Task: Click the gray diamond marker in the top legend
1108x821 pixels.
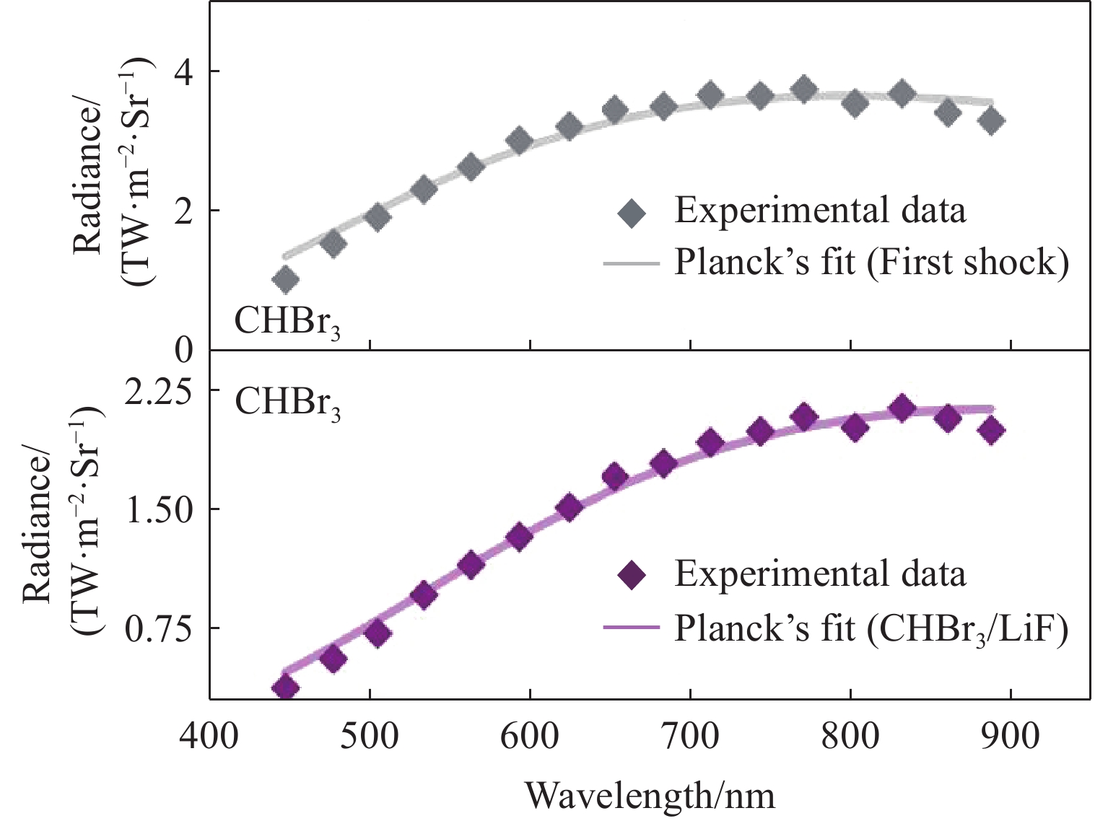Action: pos(632,214)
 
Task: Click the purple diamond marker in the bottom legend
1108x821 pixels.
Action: pos(632,576)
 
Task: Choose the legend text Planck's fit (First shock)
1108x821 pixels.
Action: pos(871,263)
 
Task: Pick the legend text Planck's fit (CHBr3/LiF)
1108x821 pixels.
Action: pos(871,629)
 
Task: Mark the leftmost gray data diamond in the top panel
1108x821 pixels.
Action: pos(286,279)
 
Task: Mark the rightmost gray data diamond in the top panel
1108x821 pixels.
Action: pos(993,120)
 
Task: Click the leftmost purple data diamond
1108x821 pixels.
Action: pos(286,687)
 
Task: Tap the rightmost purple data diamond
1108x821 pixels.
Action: pos(993,430)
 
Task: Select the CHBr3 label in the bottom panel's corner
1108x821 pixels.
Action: pos(287,403)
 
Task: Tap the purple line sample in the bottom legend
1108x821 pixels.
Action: pos(632,628)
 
